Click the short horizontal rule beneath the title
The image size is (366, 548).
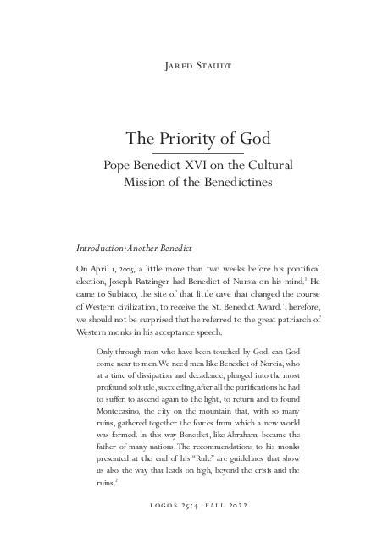click(x=184, y=152)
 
